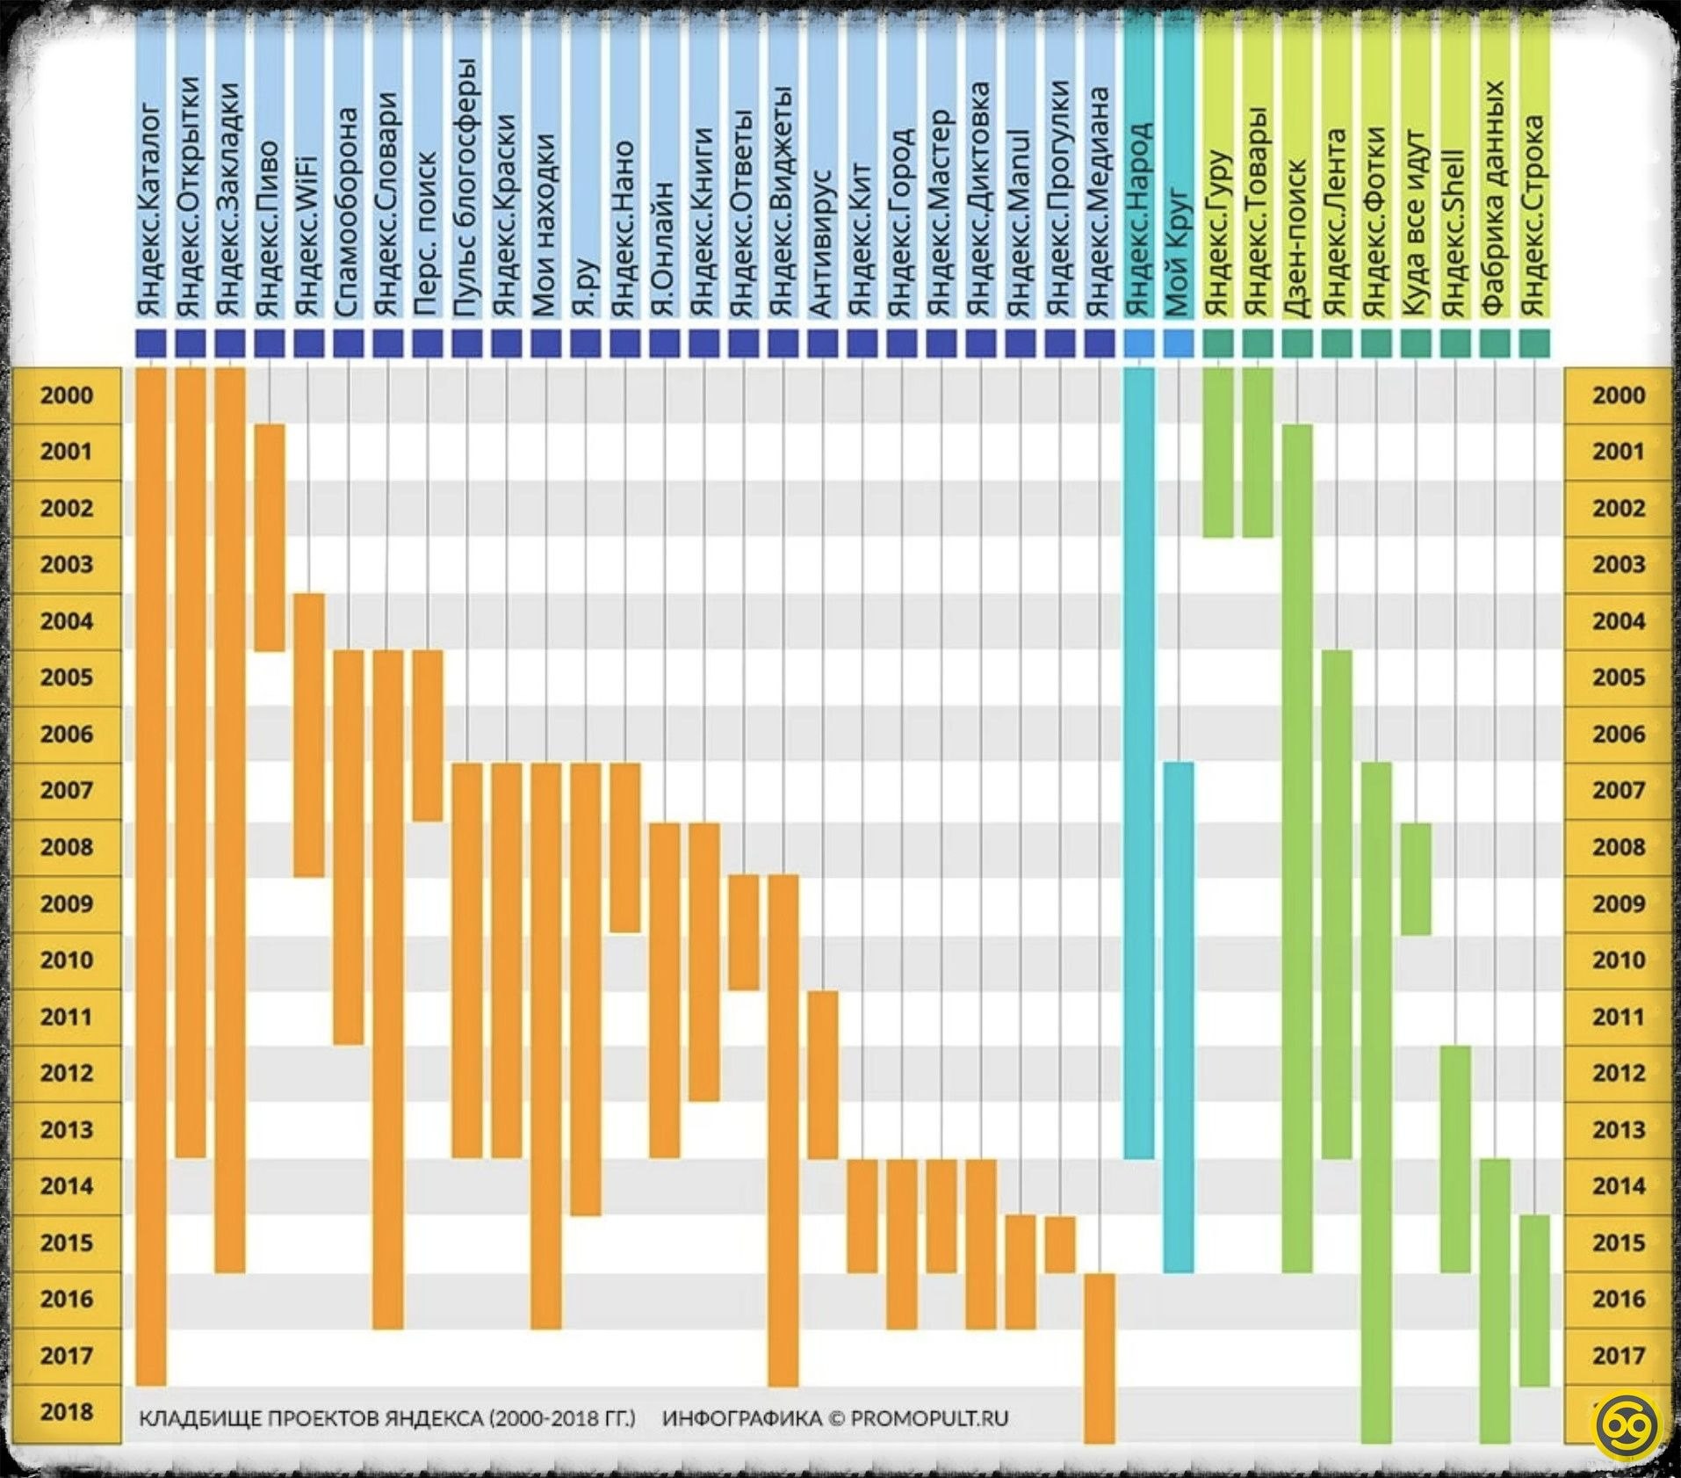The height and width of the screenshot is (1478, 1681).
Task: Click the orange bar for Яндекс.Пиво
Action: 270,538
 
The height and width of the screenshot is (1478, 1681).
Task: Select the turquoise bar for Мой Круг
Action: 1179,1017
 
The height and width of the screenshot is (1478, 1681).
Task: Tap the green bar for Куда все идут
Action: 1416,879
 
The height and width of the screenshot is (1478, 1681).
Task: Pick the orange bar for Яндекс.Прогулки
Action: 1060,1244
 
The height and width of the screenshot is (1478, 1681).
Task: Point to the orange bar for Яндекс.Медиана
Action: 1100,1358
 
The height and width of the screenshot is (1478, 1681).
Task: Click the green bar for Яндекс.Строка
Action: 1534,1300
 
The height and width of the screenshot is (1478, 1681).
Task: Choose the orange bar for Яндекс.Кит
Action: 862,1216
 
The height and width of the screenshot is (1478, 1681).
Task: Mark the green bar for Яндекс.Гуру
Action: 1218,453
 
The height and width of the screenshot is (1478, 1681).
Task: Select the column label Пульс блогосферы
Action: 466,188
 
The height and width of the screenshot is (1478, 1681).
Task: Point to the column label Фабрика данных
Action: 1495,199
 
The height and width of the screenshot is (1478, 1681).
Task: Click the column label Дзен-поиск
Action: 1296,238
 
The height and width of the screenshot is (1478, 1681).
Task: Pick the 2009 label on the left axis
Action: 66,904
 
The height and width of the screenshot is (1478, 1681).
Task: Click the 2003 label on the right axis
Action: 1618,565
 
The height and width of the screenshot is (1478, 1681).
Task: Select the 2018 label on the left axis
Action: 66,1412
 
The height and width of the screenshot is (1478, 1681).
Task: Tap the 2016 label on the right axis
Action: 1618,1300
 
